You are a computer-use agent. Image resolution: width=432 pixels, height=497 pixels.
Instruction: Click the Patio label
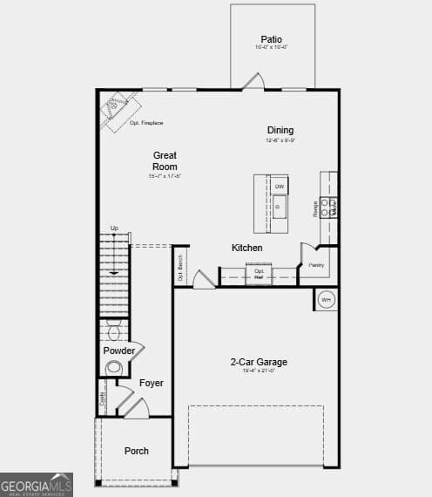coord(271,39)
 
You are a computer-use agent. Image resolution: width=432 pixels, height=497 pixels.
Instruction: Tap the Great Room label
coord(165,160)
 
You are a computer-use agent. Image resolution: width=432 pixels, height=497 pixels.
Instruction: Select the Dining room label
coord(280,131)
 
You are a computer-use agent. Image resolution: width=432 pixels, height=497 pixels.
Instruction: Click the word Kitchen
coord(246,248)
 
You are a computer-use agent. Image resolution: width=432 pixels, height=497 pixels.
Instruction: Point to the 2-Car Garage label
coord(259,362)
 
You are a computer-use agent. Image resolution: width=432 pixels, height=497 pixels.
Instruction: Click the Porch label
coord(136,451)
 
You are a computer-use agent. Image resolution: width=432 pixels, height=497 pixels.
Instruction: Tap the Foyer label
coord(152,383)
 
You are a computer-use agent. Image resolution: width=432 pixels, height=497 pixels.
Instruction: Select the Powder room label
coord(119,351)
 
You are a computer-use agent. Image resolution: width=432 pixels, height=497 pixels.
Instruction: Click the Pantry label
coord(316,264)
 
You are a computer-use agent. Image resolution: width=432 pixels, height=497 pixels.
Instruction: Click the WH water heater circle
coord(326,300)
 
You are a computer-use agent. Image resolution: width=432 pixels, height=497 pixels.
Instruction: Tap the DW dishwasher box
coord(280,187)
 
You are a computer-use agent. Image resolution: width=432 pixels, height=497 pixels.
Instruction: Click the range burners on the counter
coord(328,207)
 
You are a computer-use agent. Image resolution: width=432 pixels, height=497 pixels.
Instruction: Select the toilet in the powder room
coord(113,331)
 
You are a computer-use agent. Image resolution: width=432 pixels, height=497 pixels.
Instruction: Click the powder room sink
coord(113,368)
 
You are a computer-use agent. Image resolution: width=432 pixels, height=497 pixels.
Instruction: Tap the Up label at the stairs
coord(114,228)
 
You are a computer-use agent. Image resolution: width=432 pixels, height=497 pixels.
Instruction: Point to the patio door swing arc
coord(253,81)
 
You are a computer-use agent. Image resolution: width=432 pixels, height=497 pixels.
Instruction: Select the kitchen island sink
coord(279,208)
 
